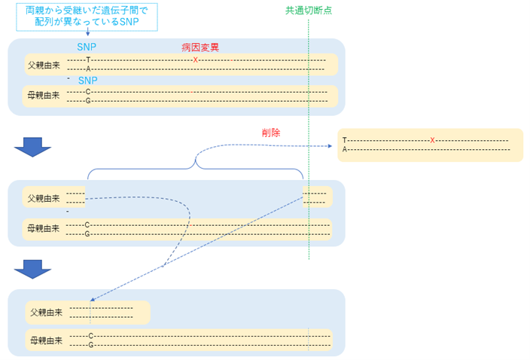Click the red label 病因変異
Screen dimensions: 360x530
click(x=200, y=47)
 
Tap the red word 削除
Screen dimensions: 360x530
click(x=271, y=132)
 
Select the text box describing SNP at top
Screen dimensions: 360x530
click(x=87, y=16)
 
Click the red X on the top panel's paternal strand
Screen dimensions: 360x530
click(x=195, y=59)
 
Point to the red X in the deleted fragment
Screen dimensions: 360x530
click(x=432, y=140)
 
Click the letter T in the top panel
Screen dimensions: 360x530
click(x=88, y=59)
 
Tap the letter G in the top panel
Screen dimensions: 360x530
click(x=88, y=100)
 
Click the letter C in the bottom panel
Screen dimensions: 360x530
click(x=90, y=335)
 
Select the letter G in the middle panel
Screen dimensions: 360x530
click(x=87, y=234)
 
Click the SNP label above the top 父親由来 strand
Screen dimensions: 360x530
click(x=87, y=47)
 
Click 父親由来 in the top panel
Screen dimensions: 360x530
click(x=43, y=64)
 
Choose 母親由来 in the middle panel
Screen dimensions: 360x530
click(x=43, y=228)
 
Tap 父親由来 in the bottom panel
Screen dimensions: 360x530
click(x=46, y=311)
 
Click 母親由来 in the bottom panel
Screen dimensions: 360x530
click(x=46, y=340)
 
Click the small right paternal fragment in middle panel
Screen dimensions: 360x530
click(x=316, y=197)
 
